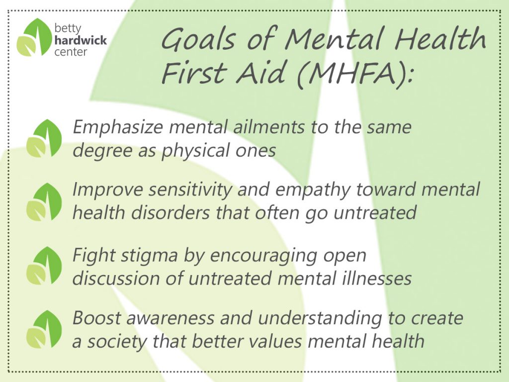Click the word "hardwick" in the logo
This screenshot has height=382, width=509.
[x=81, y=40]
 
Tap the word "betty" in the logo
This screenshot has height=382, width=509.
[x=68, y=29]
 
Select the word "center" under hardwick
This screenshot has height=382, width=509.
[x=71, y=52]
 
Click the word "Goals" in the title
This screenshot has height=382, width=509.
[x=198, y=39]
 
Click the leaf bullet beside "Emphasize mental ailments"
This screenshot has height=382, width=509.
[x=44, y=138]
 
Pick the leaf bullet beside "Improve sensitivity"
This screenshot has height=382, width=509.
[x=44, y=202]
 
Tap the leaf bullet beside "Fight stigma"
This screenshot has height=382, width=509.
[x=44, y=266]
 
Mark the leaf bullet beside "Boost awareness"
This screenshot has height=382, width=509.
[x=44, y=329]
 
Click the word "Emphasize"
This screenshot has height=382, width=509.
[x=117, y=127]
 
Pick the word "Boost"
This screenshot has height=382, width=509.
[x=97, y=318]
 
